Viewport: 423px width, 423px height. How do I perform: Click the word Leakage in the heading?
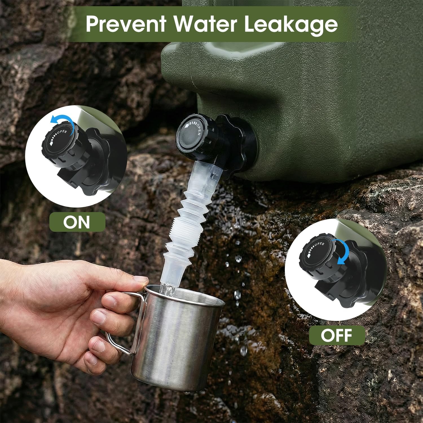pyautogui.click(x=291, y=24)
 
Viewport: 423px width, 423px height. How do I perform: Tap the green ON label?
pyautogui.click(x=77, y=222)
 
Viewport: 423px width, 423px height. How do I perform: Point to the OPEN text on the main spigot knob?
pyautogui.click(x=198, y=128)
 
